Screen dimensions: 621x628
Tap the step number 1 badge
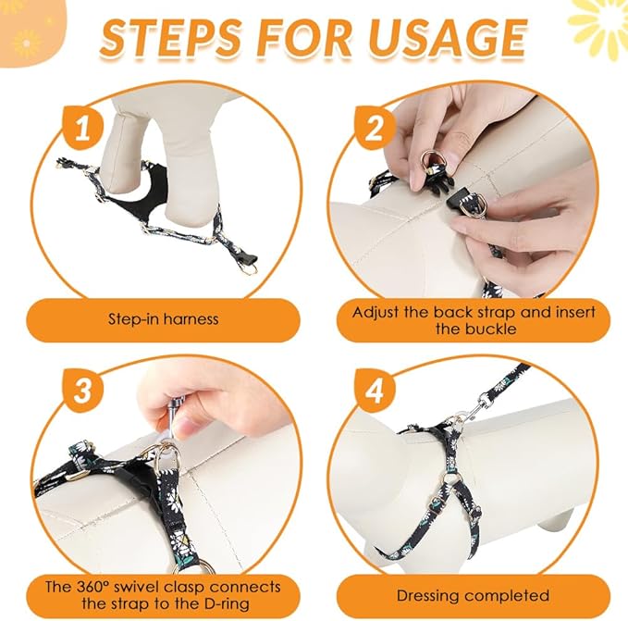pyautogui.click(x=85, y=129)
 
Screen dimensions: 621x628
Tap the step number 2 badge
pyautogui.click(x=375, y=129)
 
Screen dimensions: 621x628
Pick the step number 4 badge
pyautogui.click(x=375, y=390)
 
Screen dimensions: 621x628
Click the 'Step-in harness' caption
pyautogui.click(x=163, y=319)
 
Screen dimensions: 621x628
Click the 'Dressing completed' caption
pyautogui.click(x=473, y=595)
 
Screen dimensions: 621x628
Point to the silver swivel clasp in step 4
pyautogui.click(x=482, y=404)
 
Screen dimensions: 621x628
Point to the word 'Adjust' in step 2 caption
pyautogui.click(x=378, y=311)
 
